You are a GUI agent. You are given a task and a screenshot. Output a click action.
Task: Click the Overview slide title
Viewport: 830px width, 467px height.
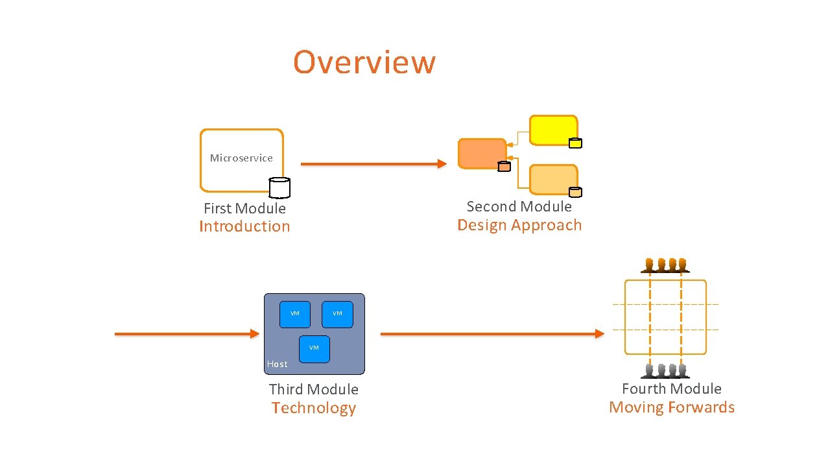tap(364, 62)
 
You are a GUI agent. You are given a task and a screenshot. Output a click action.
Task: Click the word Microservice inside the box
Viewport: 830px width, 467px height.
tap(241, 158)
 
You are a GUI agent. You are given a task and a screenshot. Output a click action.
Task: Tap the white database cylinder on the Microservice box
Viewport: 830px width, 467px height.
tap(279, 187)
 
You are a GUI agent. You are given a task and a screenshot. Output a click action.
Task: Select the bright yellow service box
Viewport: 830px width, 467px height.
tap(552, 130)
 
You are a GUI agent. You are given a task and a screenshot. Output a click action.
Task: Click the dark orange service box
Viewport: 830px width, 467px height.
tap(481, 154)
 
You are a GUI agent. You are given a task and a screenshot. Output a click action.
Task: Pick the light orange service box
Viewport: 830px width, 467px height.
tap(552, 179)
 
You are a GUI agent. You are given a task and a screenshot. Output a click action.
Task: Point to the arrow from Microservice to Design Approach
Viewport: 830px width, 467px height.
tap(373, 164)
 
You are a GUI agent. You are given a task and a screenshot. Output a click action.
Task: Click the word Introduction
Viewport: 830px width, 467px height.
tap(244, 226)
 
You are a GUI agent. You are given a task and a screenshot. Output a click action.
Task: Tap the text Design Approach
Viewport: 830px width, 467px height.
tap(519, 225)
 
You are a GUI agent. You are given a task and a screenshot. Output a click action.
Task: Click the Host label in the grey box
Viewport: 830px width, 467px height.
tap(277, 364)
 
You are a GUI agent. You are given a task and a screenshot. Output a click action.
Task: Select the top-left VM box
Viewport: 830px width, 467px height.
tap(295, 314)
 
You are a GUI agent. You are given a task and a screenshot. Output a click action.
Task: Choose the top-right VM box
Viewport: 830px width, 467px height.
tap(337, 314)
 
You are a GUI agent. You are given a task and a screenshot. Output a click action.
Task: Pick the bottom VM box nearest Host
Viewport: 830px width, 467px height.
tap(314, 348)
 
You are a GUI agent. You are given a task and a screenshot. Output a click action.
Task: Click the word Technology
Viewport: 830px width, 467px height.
tap(314, 408)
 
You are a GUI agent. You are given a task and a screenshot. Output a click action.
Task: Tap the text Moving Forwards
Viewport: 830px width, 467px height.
tap(672, 407)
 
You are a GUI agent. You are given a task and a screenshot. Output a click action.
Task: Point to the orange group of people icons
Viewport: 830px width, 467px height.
tap(665, 265)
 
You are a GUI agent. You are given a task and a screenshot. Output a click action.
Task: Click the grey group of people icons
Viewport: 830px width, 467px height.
tap(665, 370)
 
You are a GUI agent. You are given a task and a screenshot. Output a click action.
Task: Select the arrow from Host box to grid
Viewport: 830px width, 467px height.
tap(492, 333)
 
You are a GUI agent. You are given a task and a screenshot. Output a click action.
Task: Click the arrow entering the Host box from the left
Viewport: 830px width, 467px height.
tap(187, 333)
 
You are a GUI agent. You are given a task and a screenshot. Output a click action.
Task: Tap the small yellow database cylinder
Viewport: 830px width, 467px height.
tap(575, 143)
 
